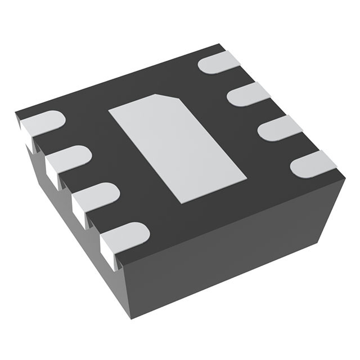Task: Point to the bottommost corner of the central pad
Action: [179, 202]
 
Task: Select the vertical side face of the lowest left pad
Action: [108, 251]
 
